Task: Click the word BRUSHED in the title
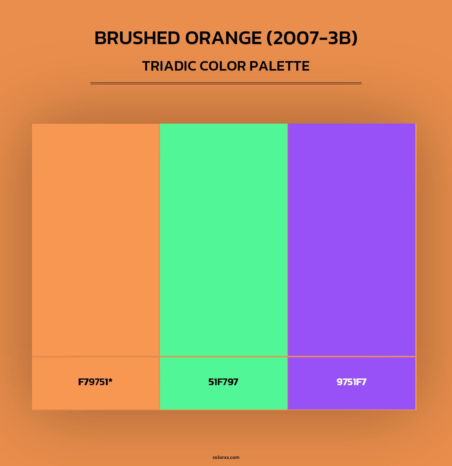[x=137, y=38]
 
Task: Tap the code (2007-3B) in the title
[x=312, y=38]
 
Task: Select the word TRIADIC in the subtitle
[x=169, y=66]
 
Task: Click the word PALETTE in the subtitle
[x=280, y=66]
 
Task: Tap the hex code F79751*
[x=95, y=382]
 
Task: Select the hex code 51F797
[x=223, y=382]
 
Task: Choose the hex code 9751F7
[x=351, y=382]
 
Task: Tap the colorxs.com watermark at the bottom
[x=226, y=457]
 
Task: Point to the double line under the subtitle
[x=226, y=83]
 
